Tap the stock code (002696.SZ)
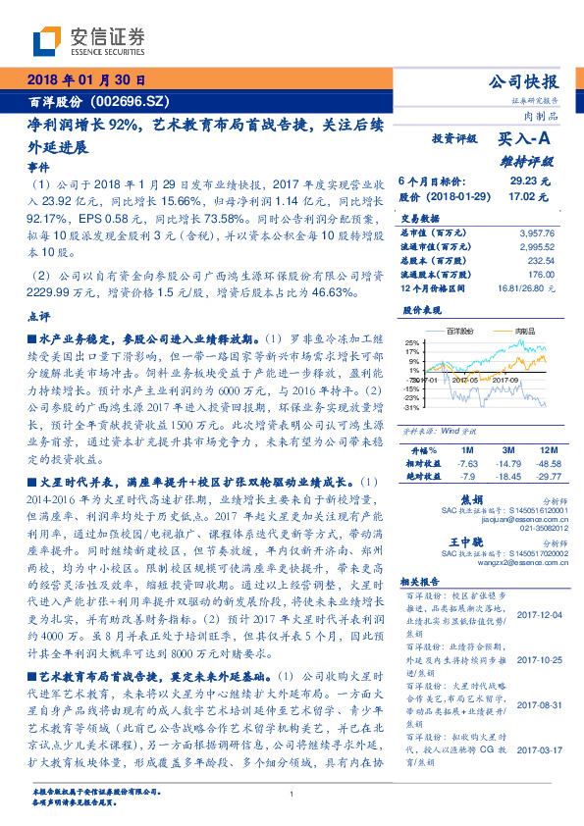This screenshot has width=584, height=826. (x=124, y=101)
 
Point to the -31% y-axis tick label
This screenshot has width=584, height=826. (x=411, y=406)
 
